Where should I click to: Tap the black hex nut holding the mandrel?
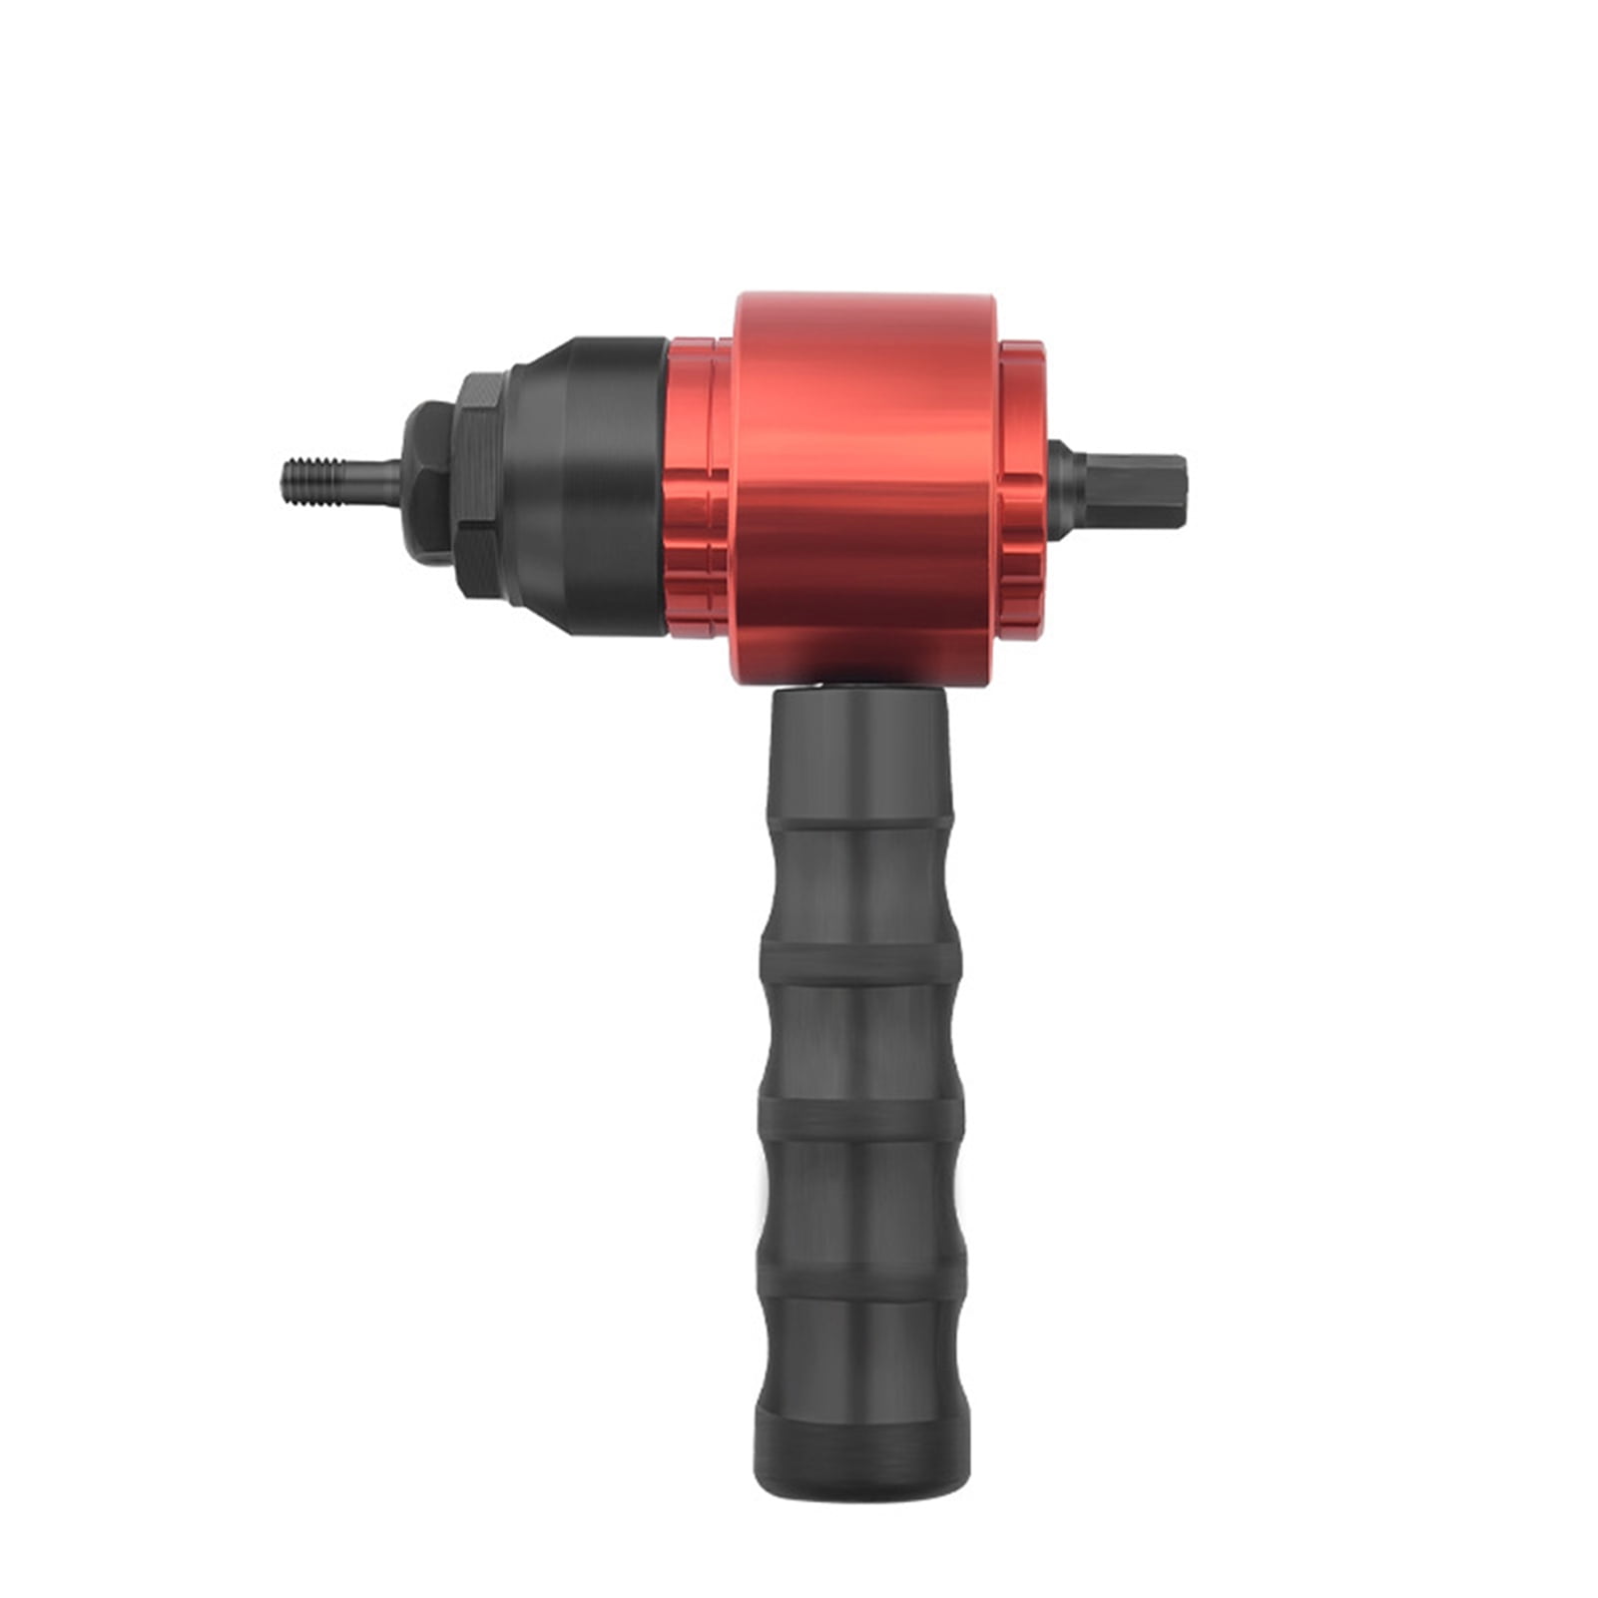click(x=429, y=482)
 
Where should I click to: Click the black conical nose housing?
click(x=589, y=486)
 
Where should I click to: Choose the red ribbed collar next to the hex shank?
click(x=1023, y=487)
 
